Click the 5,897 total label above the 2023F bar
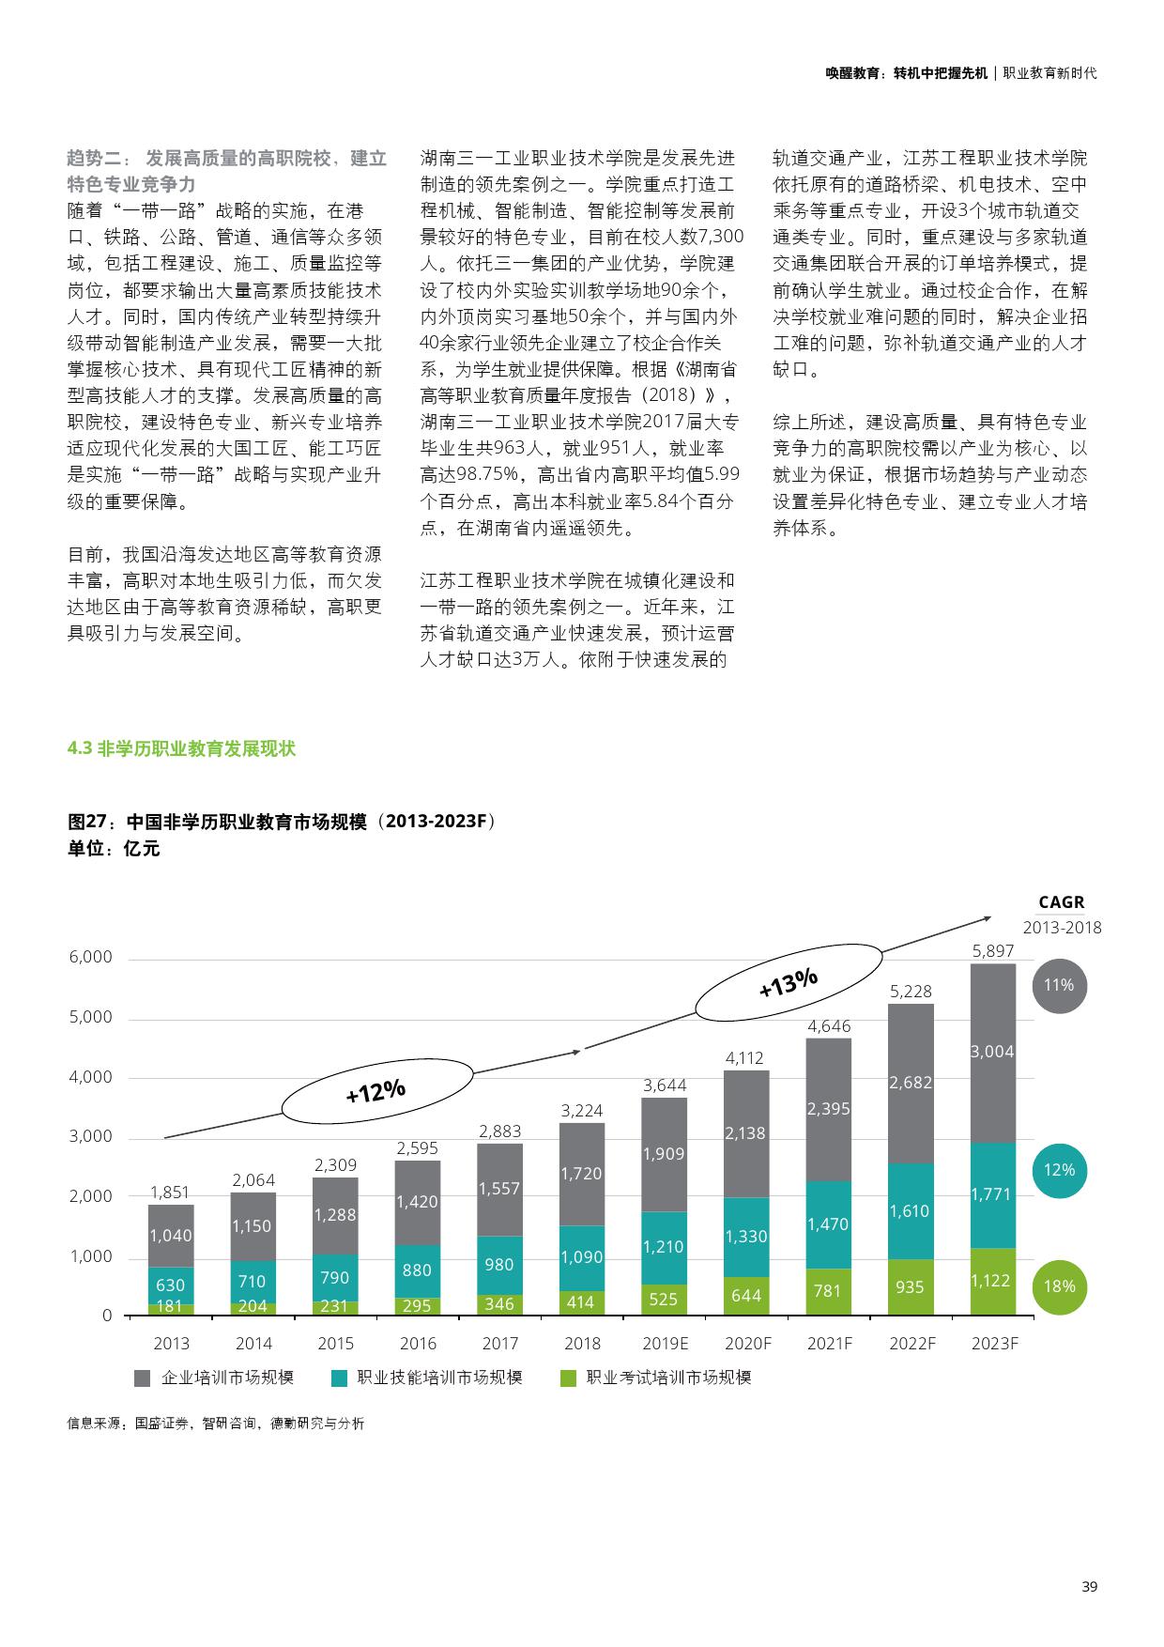click(992, 951)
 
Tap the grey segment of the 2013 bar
click(171, 1235)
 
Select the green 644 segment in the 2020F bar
click(746, 1295)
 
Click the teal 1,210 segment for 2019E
click(664, 1247)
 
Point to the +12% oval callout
click(375, 1091)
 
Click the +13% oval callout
click(789, 983)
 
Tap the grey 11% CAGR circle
click(1059, 985)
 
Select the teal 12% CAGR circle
click(1059, 1170)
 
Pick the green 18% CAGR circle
click(1059, 1286)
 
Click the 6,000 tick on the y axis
click(90, 958)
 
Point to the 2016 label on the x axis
click(418, 1344)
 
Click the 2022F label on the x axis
click(912, 1344)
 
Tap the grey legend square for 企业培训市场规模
click(143, 1378)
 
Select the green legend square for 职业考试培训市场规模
click(567, 1378)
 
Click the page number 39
click(1089, 1587)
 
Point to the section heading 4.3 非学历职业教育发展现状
click(181, 749)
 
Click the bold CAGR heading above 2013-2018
click(1062, 902)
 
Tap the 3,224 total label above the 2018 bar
click(582, 1111)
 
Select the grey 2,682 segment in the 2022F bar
click(911, 1083)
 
